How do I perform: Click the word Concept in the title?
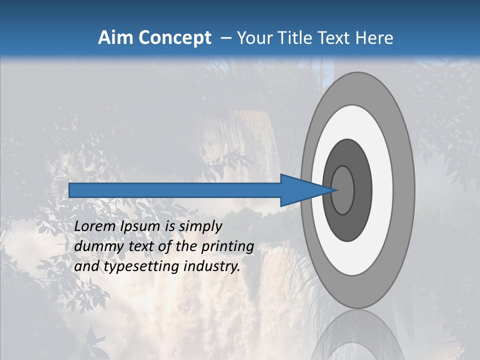click(175, 38)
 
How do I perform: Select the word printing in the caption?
click(227, 246)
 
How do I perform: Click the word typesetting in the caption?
click(142, 266)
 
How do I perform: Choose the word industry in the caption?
click(212, 266)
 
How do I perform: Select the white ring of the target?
click(382, 190)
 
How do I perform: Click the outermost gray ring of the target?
click(405, 190)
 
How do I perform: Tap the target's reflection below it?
click(357, 337)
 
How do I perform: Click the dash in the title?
click(225, 38)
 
